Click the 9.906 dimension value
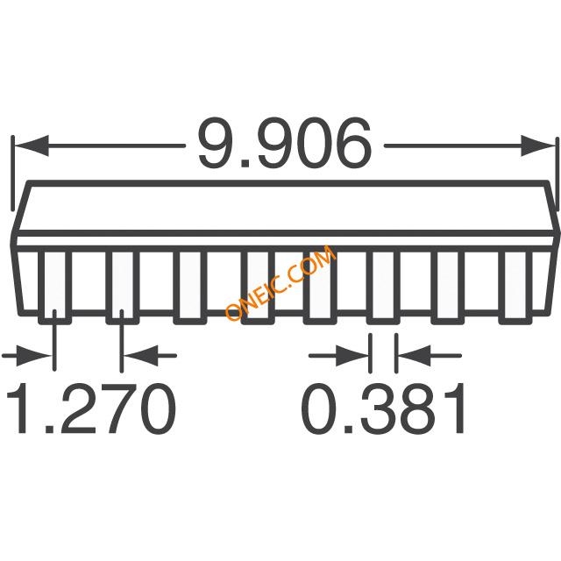click(x=285, y=143)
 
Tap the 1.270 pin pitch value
click(x=91, y=408)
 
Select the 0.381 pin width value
click(x=384, y=408)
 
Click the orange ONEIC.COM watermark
click(x=280, y=282)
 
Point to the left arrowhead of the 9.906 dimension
click(x=32, y=146)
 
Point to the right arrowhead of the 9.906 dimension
click(x=537, y=146)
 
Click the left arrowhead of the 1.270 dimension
click(x=33, y=356)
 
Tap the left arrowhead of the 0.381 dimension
click(x=352, y=356)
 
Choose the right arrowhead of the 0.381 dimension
click(x=415, y=356)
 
